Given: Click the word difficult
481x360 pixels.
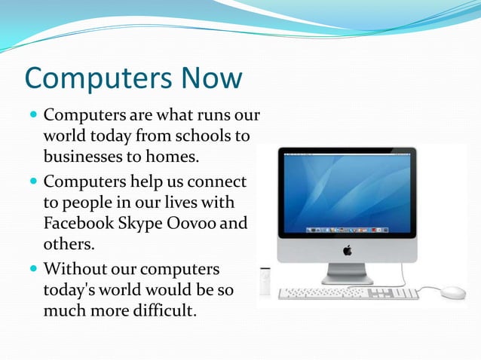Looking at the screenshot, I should click(159, 310).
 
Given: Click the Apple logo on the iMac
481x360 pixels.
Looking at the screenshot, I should click(347, 250).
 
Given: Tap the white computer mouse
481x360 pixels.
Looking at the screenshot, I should click(453, 292).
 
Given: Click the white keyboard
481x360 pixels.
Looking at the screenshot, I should click(348, 293).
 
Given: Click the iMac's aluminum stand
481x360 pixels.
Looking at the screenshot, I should click(347, 273).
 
